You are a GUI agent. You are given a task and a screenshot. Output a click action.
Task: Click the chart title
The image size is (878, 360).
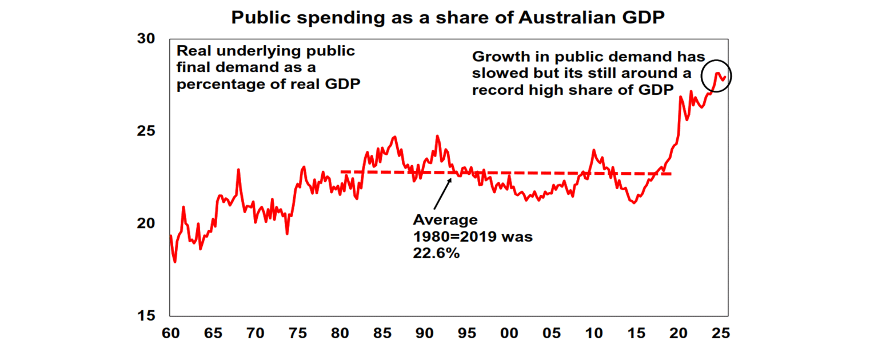448,18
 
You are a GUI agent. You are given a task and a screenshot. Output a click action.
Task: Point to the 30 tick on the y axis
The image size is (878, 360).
146,39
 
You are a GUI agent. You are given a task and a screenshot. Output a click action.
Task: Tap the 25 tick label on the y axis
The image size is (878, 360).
146,131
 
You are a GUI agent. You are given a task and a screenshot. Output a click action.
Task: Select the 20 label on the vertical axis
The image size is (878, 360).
146,223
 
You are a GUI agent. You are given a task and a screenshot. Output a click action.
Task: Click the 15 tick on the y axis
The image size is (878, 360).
146,316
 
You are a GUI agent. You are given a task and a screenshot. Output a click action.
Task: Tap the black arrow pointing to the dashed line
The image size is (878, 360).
442,194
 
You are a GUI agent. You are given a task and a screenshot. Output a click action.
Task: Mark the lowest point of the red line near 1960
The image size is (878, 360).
174,262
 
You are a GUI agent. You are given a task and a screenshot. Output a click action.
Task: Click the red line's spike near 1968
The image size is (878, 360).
238,170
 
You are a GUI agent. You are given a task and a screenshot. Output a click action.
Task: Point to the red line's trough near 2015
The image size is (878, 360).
633,203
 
